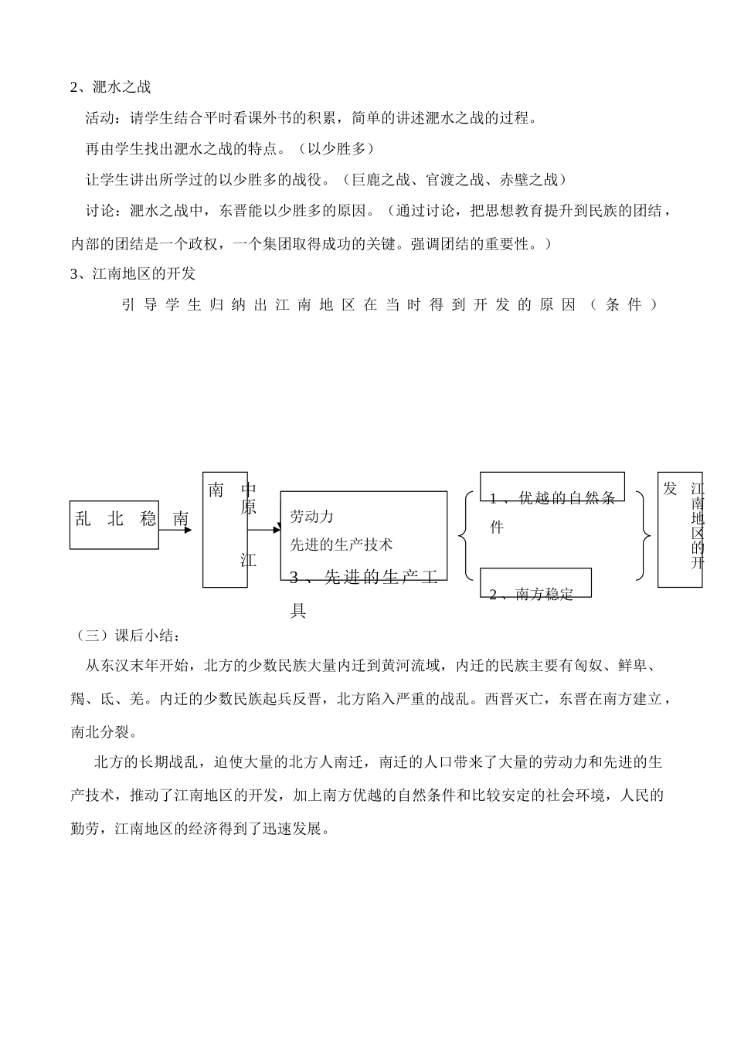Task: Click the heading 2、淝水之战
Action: pyautogui.click(x=110, y=87)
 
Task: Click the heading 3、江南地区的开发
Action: pyautogui.click(x=133, y=273)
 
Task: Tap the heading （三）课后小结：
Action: pyautogui.click(x=127, y=636)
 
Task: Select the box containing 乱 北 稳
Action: pyautogui.click(x=114, y=524)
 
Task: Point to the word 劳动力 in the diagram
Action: pyautogui.click(x=311, y=517)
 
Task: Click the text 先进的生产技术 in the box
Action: pyautogui.click(x=342, y=544)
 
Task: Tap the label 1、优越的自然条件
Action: pyautogui.click(x=552, y=498)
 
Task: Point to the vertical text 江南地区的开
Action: pyautogui.click(x=697, y=525)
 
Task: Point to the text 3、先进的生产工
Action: pyautogui.click(x=363, y=578)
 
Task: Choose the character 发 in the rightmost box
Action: pyautogui.click(x=670, y=488)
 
